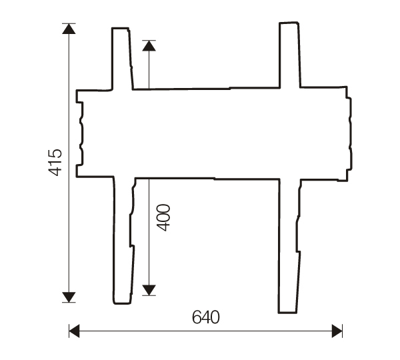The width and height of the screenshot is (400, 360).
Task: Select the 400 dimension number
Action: [x=164, y=217]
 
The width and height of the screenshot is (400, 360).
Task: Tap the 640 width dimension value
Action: [x=205, y=317]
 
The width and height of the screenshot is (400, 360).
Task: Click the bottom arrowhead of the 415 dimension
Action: [x=69, y=297]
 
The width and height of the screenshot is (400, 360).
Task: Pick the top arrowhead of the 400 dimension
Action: [x=149, y=46]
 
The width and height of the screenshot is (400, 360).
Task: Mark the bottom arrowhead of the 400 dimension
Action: [x=149, y=290]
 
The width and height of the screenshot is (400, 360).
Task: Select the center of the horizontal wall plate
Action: [x=213, y=133]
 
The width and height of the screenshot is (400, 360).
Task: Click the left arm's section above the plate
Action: [x=121, y=59]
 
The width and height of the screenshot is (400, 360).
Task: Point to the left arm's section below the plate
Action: [x=123, y=240]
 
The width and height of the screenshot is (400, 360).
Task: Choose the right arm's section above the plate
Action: [x=289, y=55]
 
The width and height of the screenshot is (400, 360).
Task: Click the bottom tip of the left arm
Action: [x=122, y=301]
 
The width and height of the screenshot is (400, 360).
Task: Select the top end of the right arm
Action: [x=289, y=25]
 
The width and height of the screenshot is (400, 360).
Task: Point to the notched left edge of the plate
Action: [x=79, y=133]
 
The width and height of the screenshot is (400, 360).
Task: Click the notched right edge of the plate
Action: [x=349, y=133]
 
